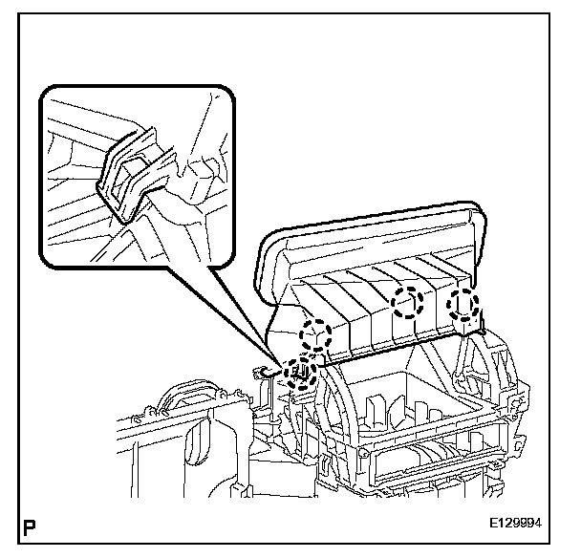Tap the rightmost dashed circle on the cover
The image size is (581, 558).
pos(464,304)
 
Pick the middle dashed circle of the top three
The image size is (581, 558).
pos(409,303)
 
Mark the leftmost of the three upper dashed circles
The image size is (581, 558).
pos(314,335)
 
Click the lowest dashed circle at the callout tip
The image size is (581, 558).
pos(301,372)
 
